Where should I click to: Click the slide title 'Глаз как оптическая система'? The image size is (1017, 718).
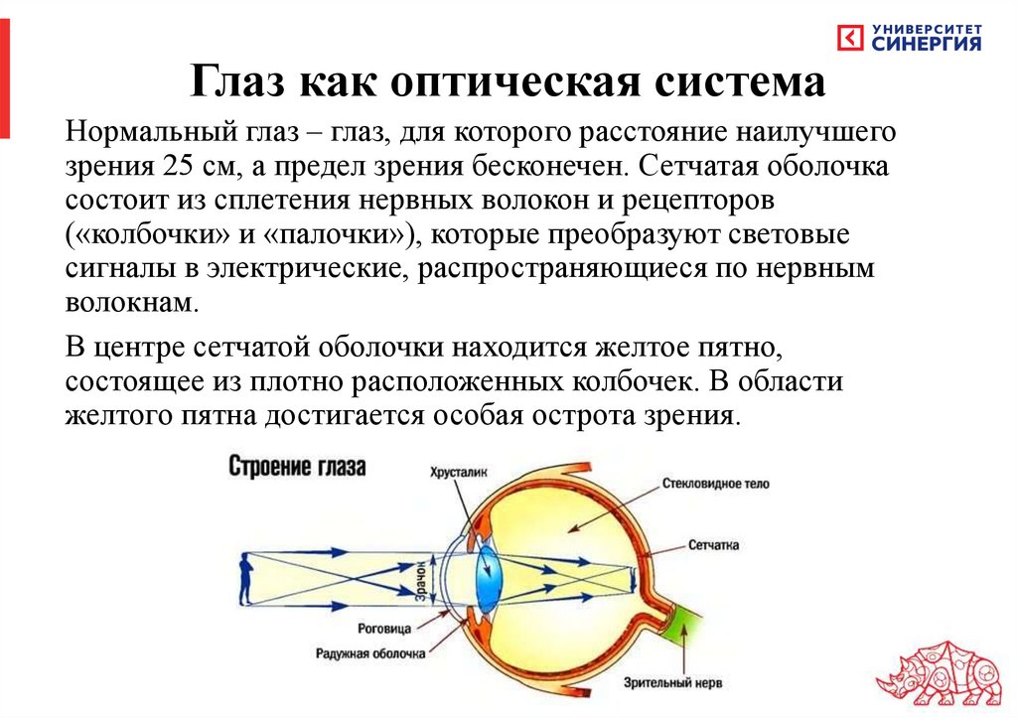coord(508,81)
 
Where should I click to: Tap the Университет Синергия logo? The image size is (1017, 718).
coord(910,38)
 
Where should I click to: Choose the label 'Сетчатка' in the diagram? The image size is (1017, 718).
coord(712,545)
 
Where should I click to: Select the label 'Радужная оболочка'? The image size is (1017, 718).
coord(370,653)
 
